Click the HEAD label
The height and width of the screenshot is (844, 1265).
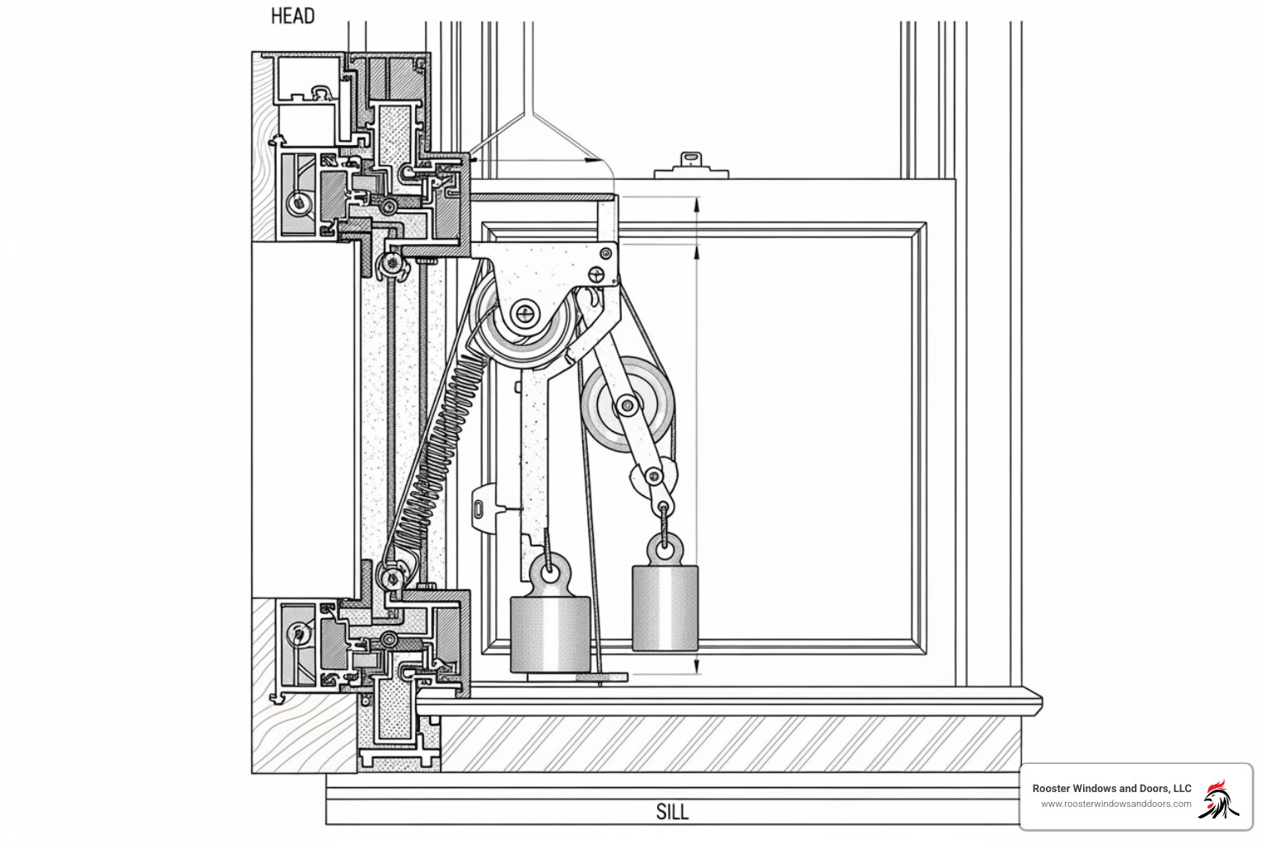[x=292, y=16]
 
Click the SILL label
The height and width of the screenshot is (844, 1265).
[x=672, y=811]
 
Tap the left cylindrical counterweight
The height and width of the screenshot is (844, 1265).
[x=550, y=633]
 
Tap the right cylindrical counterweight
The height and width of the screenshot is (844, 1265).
[x=665, y=607]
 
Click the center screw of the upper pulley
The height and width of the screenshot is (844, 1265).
[x=525, y=313]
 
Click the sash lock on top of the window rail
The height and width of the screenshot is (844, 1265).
[x=690, y=165]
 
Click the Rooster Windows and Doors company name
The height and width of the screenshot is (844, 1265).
[x=1111, y=788]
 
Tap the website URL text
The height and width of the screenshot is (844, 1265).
[x=1115, y=804]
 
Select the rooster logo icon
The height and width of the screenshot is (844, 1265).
[x=1219, y=799]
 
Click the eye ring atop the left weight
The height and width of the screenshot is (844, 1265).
[x=549, y=569]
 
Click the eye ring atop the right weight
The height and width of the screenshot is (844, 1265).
[x=664, y=545]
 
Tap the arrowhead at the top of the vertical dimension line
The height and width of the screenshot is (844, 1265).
[x=698, y=201]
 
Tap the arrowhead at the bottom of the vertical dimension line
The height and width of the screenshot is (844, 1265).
[x=698, y=669]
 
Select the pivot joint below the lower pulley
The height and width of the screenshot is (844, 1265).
[x=654, y=476]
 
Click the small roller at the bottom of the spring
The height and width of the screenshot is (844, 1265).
[x=390, y=574]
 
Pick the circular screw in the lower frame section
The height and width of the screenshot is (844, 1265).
[x=298, y=633]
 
